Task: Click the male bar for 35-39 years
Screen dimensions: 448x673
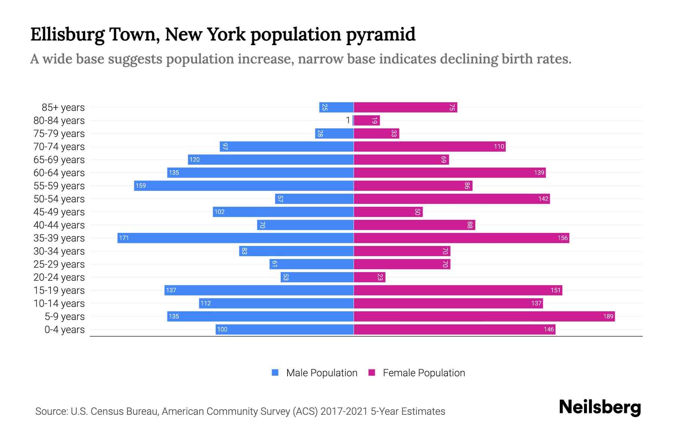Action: tap(236, 238)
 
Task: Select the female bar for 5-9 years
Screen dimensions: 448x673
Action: tap(484, 316)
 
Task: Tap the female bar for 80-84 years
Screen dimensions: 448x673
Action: tap(367, 120)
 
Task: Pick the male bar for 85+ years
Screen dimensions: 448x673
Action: tap(336, 107)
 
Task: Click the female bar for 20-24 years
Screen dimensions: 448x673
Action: tap(369, 277)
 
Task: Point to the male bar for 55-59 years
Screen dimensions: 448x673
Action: tap(244, 186)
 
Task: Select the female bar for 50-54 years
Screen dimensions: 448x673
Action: tap(452, 199)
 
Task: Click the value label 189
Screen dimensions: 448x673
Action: tap(608, 316)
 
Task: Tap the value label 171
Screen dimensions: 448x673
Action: tap(124, 238)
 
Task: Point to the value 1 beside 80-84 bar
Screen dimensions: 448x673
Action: tap(348, 120)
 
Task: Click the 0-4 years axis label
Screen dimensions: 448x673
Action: tap(64, 330)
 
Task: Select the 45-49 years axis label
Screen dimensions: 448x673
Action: tap(59, 212)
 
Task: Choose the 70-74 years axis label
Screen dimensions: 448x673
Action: tap(59, 147)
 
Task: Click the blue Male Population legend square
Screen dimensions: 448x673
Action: tap(275, 373)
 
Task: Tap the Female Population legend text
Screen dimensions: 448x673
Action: tap(424, 373)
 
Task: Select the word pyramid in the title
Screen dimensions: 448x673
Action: tap(380, 34)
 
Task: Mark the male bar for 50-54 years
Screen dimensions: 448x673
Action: tap(314, 199)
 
